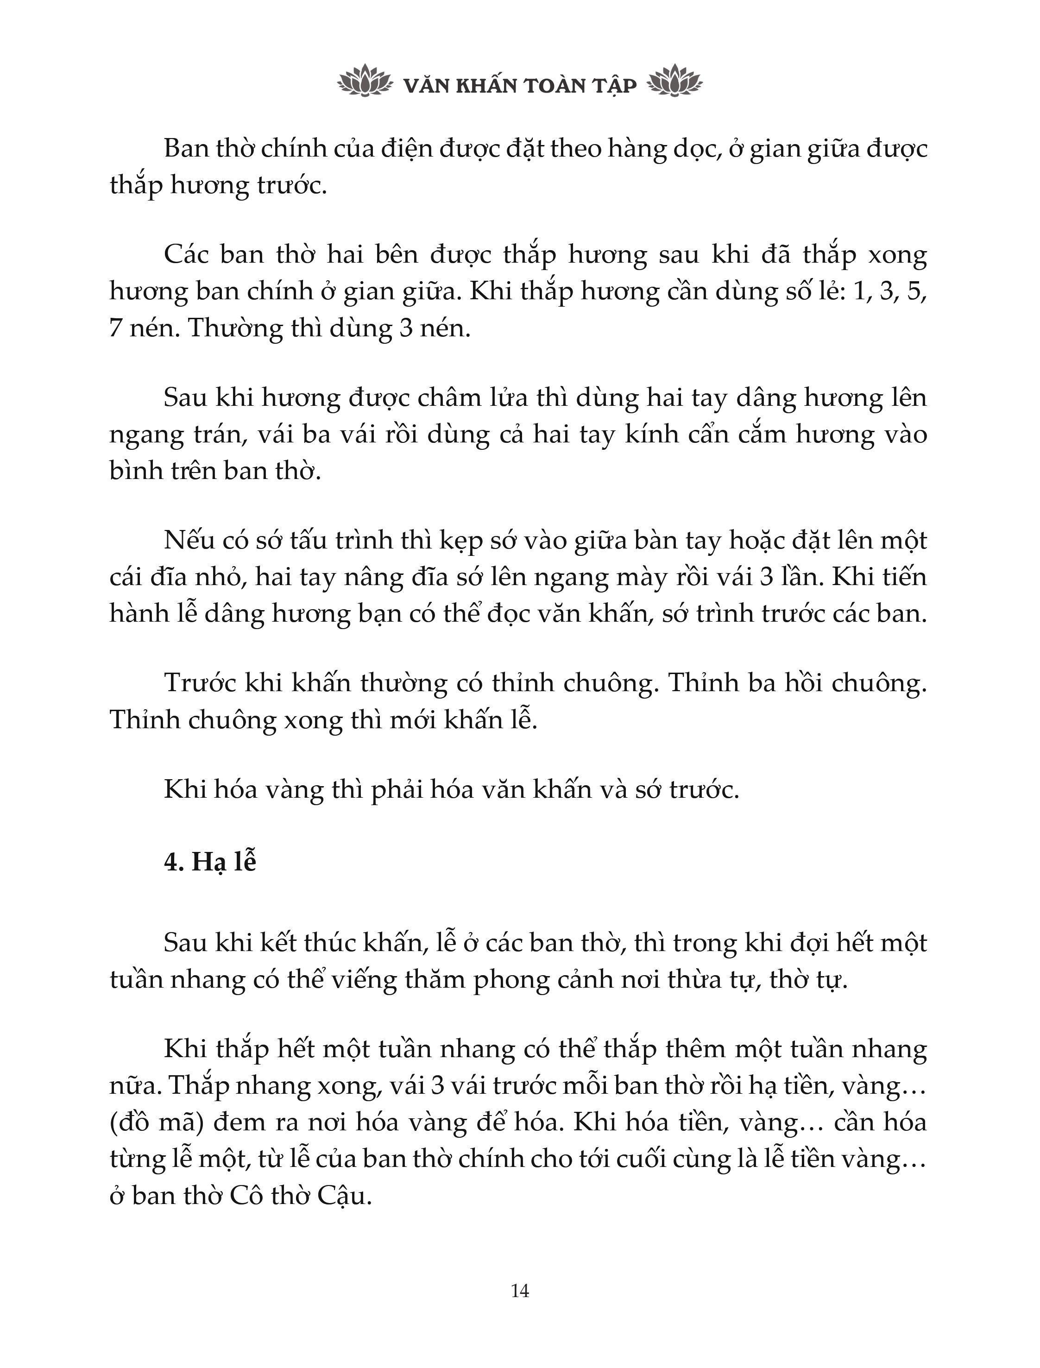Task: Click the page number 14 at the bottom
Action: click(x=520, y=1291)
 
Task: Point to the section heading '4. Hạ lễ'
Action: click(x=210, y=862)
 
